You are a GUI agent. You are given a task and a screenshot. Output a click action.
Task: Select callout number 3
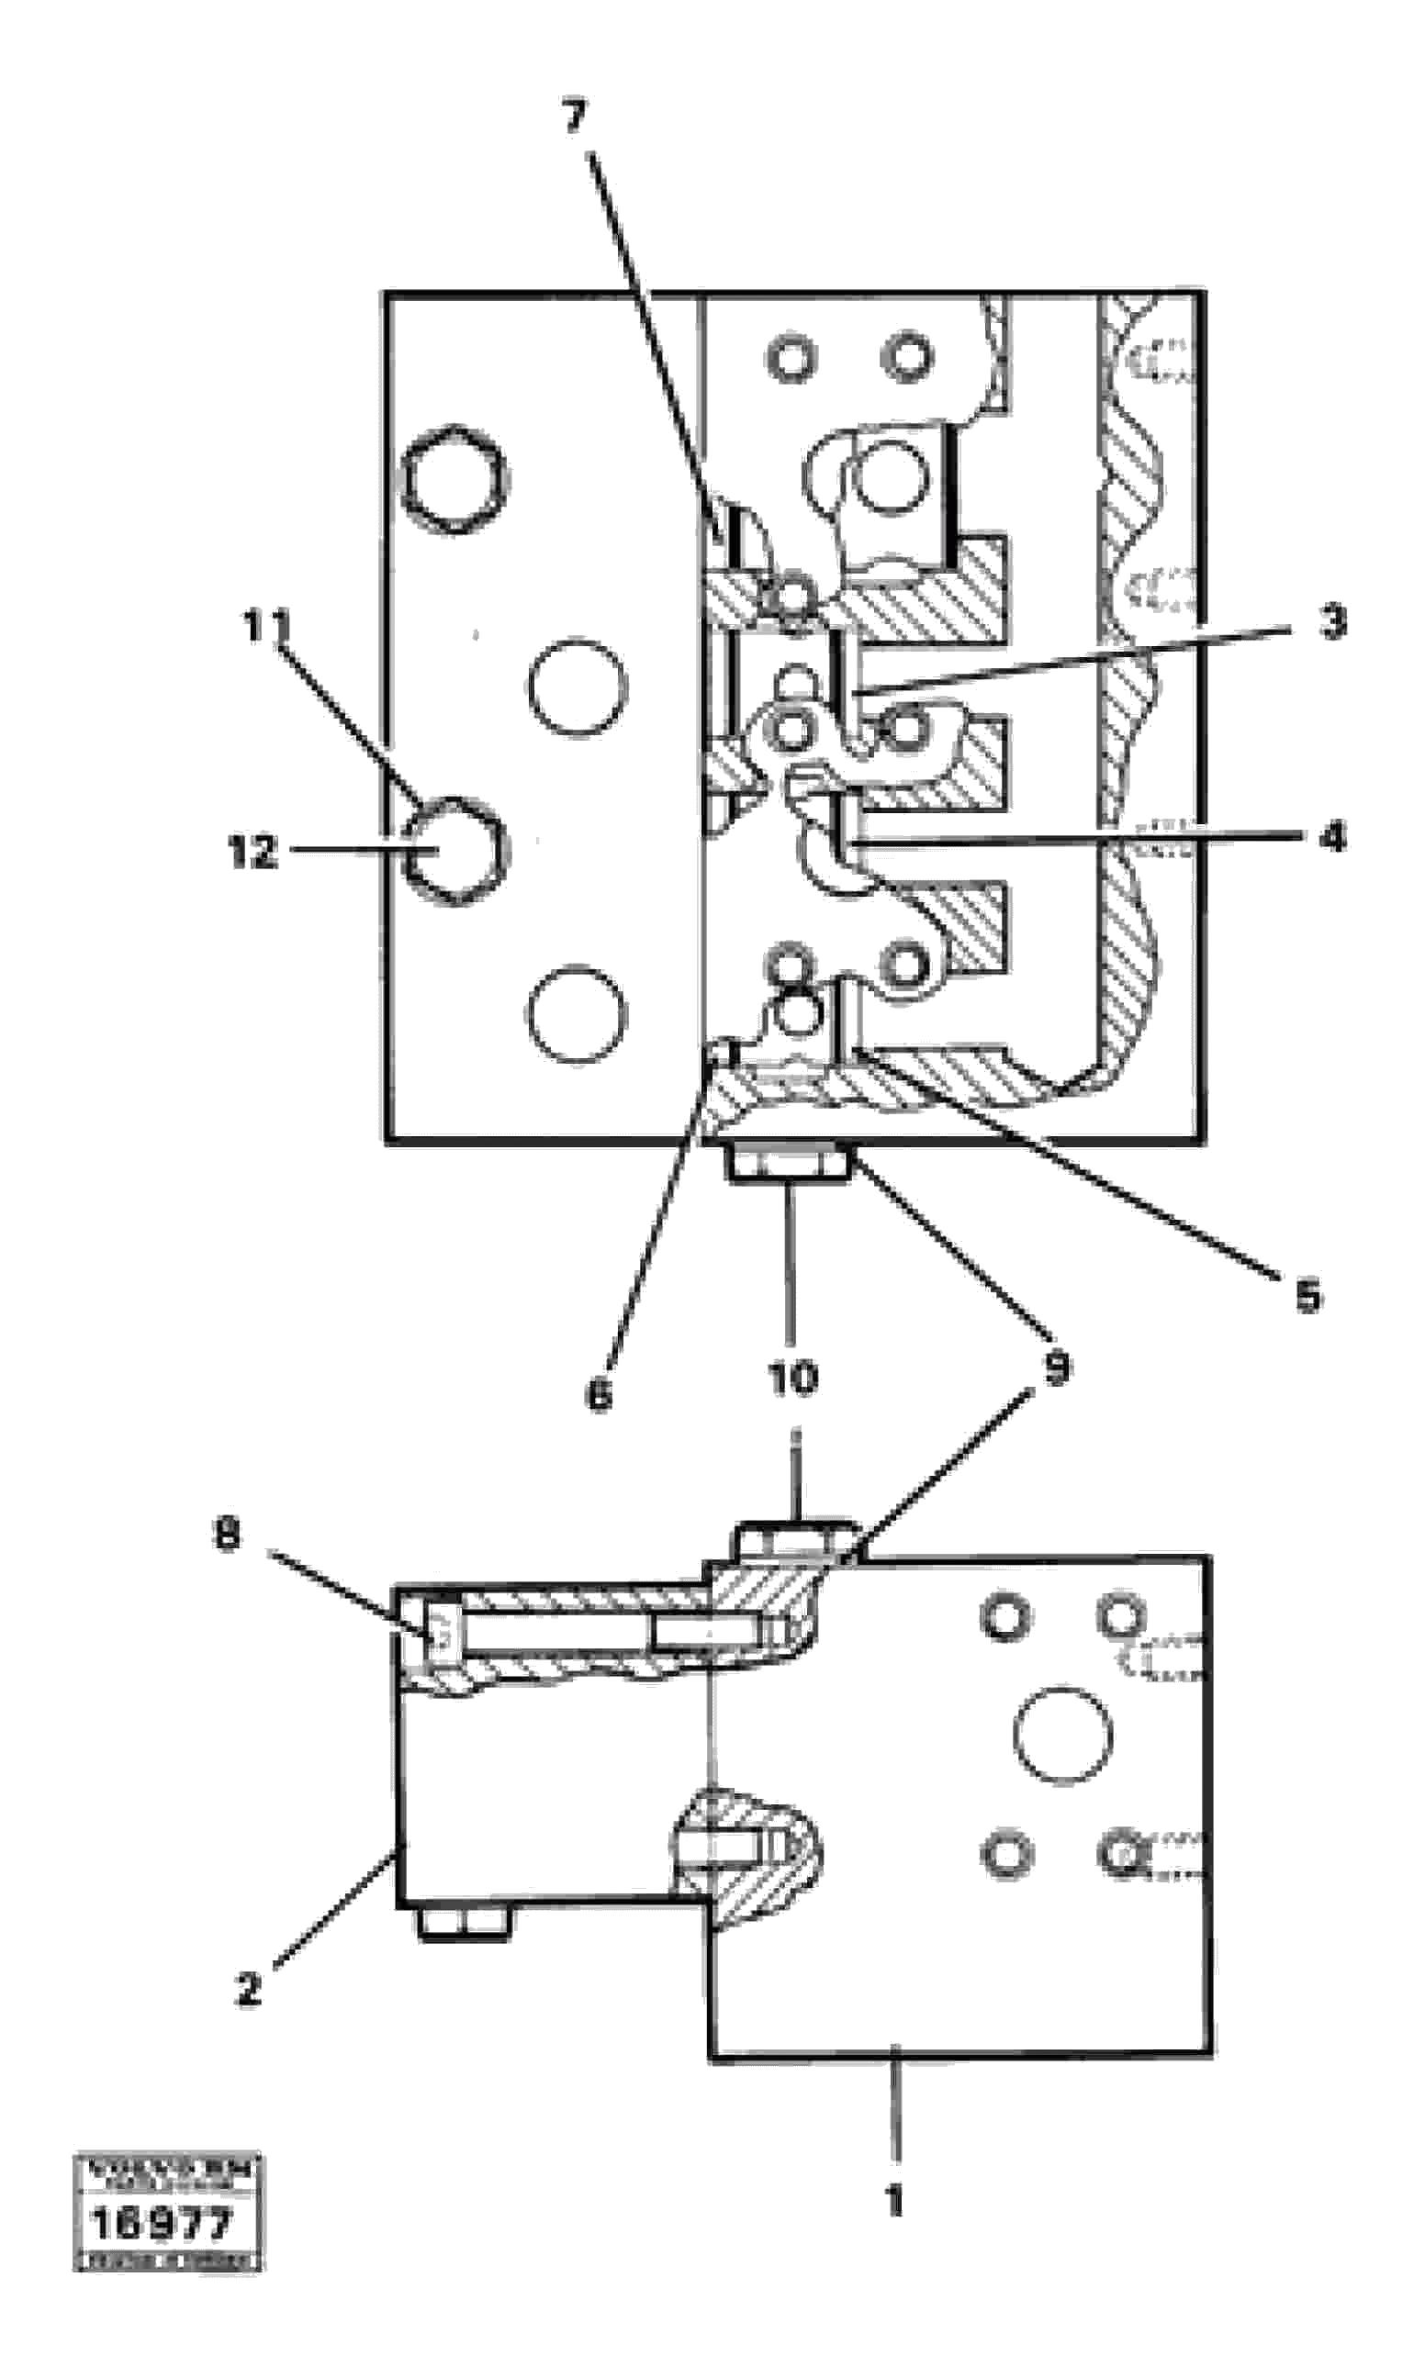[1332, 622]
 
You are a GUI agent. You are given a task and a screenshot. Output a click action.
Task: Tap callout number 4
[1332, 838]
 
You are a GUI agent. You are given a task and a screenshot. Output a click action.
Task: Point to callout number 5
[1307, 1297]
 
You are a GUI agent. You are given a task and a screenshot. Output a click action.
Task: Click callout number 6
[600, 1395]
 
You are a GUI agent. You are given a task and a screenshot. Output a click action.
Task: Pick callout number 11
[266, 628]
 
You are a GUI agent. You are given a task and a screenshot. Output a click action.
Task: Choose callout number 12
[252, 852]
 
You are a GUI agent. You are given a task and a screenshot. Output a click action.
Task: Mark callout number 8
[227, 1535]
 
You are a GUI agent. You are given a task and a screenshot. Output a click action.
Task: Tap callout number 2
[249, 1990]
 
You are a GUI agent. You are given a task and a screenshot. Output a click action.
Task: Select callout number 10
[793, 1378]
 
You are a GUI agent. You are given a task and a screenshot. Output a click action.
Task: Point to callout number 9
[1056, 1368]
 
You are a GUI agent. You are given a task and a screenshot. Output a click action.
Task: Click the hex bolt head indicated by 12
[455, 851]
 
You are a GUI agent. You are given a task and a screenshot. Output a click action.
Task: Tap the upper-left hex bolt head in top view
[454, 477]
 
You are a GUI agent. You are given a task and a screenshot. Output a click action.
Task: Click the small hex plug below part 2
[463, 1924]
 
